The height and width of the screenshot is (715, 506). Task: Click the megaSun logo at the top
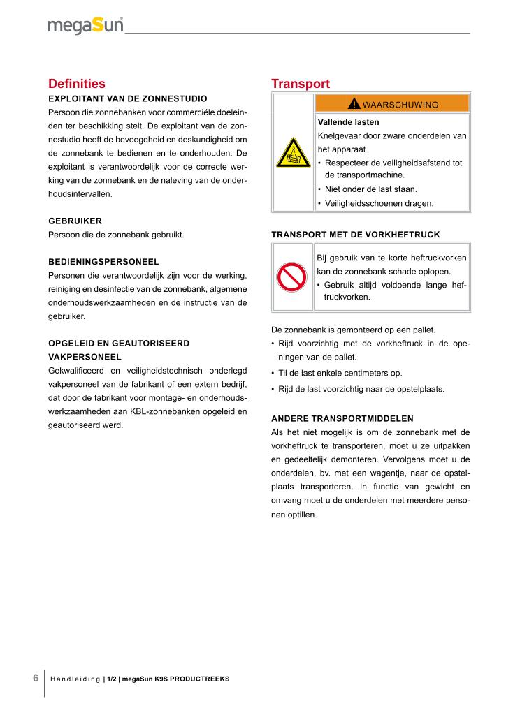pos(85,27)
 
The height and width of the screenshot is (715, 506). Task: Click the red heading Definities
pos(77,84)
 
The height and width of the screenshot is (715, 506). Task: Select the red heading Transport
pos(301,84)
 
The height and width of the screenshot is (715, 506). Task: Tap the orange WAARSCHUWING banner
pos(392,105)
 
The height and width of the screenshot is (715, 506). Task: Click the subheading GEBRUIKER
pos(75,221)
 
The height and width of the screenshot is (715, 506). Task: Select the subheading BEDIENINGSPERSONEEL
pos(103,262)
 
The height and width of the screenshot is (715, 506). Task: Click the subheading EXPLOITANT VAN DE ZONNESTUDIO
pos(127,98)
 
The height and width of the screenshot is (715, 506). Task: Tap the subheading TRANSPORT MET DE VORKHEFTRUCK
pos(355,234)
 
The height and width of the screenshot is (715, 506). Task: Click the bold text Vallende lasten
pos(348,121)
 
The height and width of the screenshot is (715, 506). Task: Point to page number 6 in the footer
pos(36,678)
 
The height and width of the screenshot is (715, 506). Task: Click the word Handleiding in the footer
pos(75,679)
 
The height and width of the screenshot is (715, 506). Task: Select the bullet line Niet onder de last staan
pos(370,189)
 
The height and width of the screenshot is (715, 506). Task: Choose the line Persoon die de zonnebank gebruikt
pos(116,235)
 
